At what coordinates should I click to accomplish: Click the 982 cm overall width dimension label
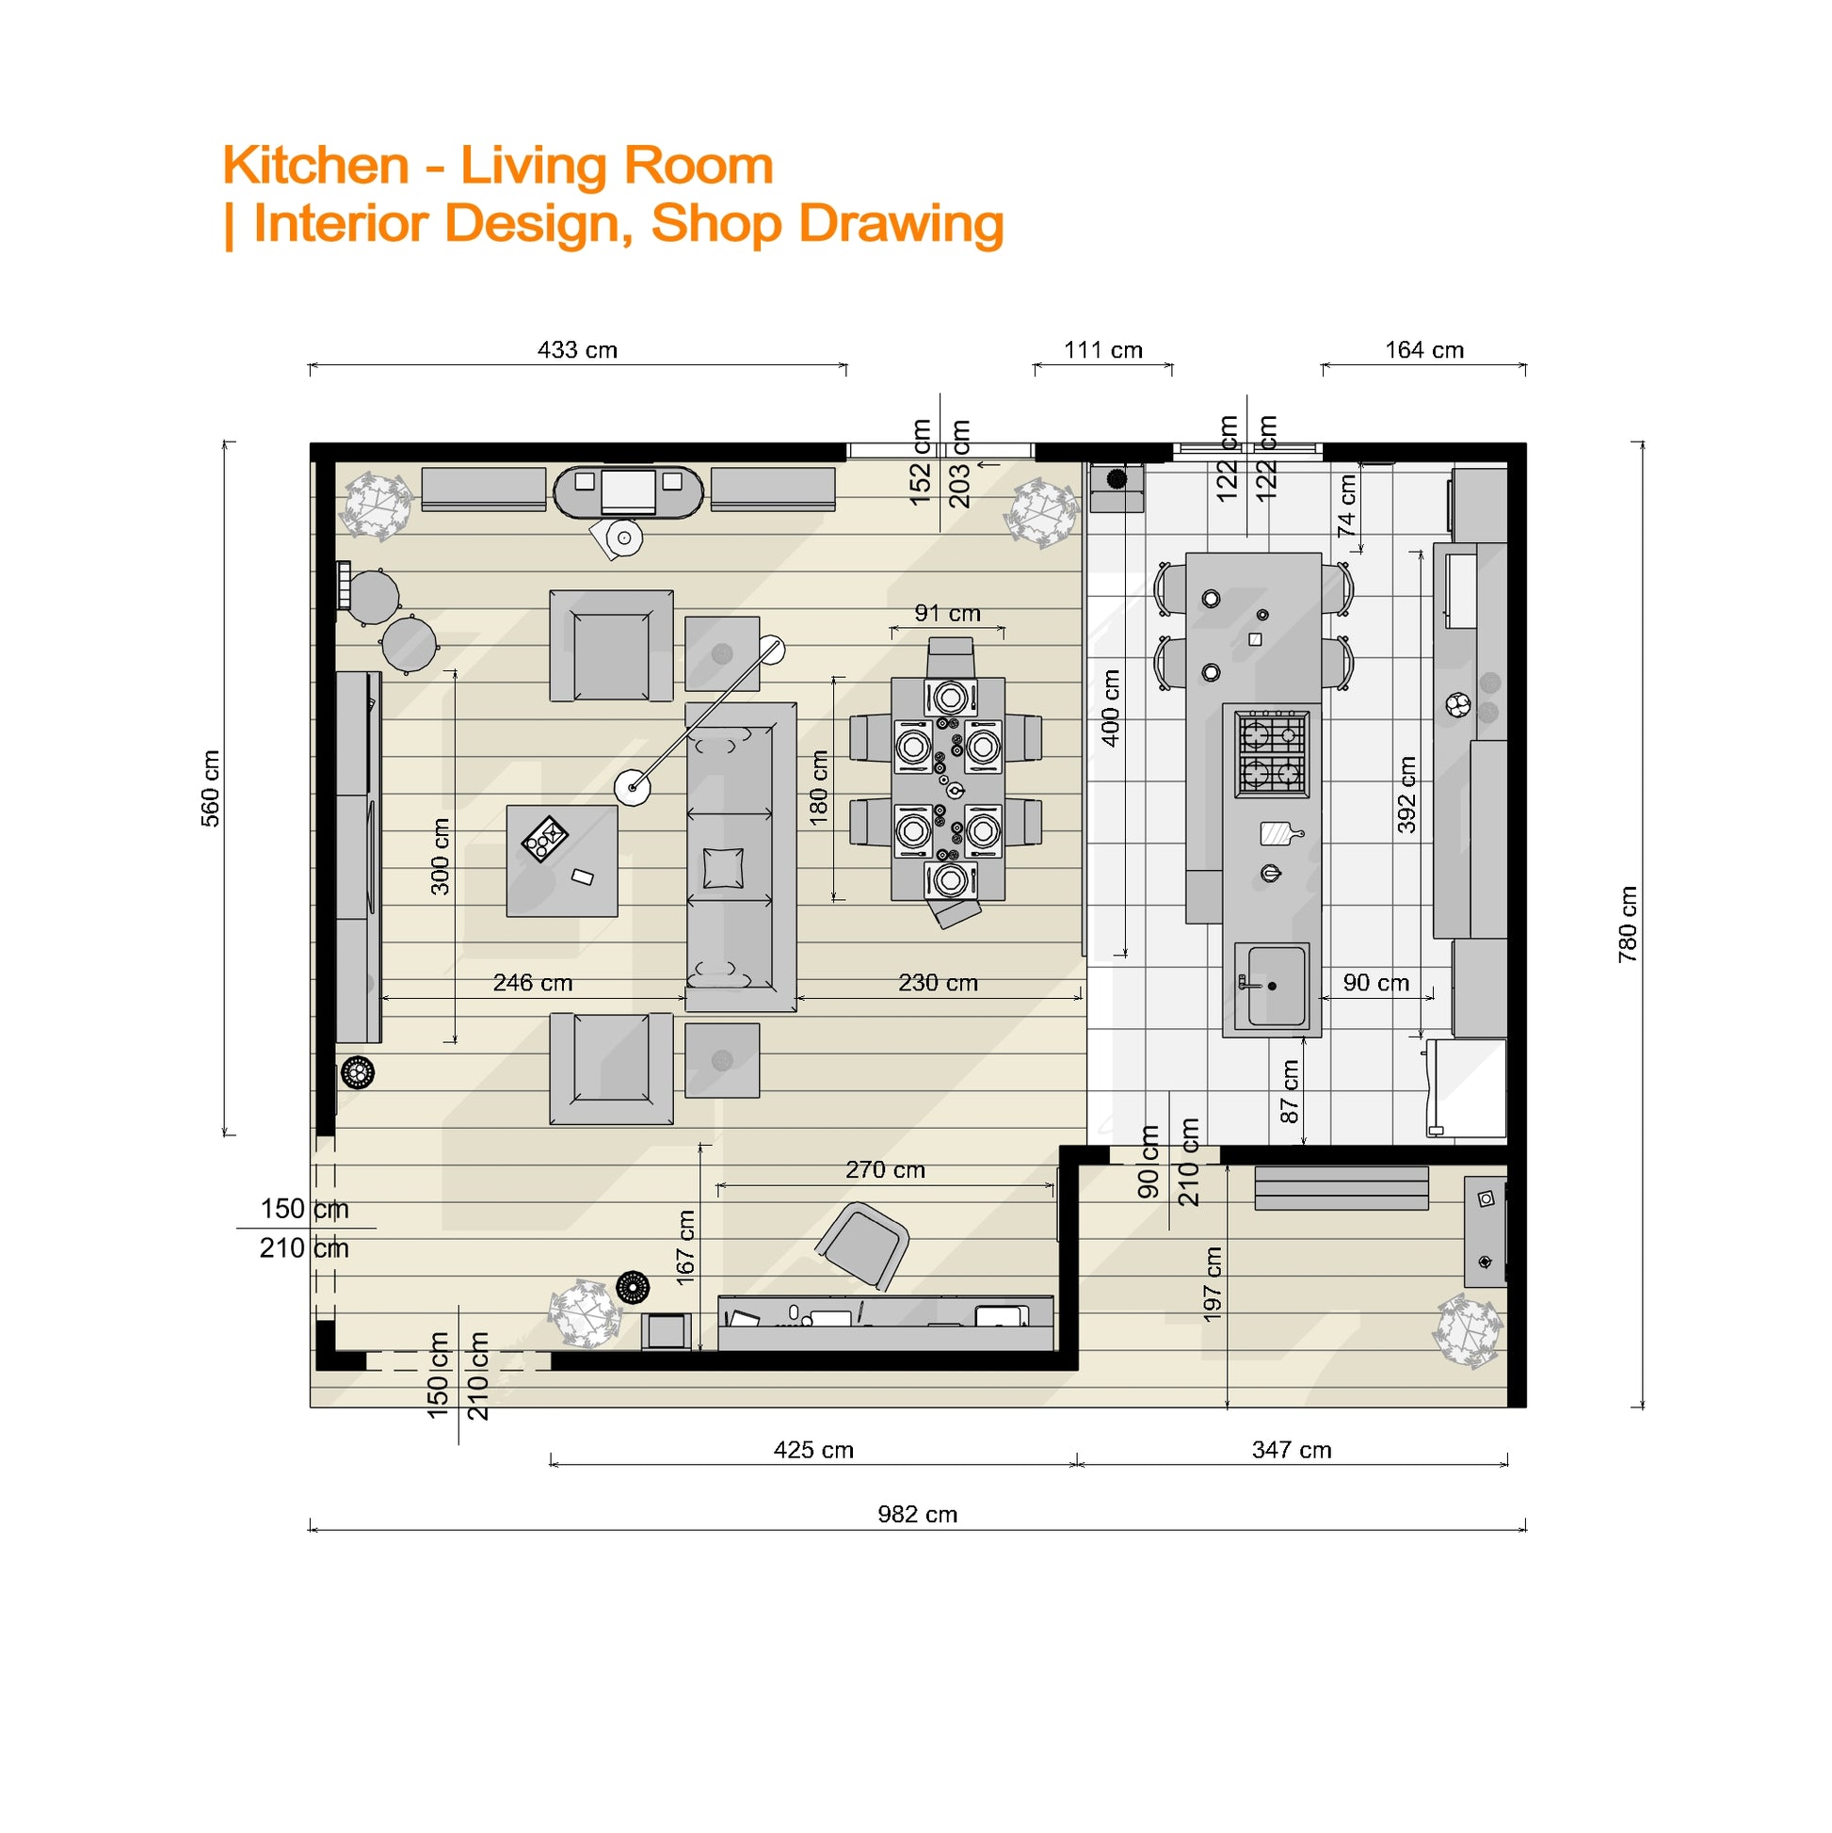tap(918, 1514)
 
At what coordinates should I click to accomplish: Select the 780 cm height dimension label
tap(1628, 925)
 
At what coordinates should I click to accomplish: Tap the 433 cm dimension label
tap(577, 350)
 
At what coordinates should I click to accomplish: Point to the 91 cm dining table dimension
tap(947, 613)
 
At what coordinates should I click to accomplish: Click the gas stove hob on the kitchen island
tap(1271, 754)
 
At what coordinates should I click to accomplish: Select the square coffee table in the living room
tap(562, 860)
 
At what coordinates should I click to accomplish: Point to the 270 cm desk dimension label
tap(885, 1170)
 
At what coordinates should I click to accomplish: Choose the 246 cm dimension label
tap(532, 983)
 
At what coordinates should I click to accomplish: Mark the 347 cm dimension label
tap(1292, 1450)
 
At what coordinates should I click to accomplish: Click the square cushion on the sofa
tap(724, 868)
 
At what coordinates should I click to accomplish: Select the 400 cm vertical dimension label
tap(1110, 708)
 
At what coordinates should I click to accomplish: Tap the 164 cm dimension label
tap(1424, 350)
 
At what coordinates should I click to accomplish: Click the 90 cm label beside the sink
tap(1375, 983)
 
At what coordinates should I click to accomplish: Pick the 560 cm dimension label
tap(210, 788)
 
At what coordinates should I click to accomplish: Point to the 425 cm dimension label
tap(813, 1450)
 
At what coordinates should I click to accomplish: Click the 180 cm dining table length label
tap(819, 787)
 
